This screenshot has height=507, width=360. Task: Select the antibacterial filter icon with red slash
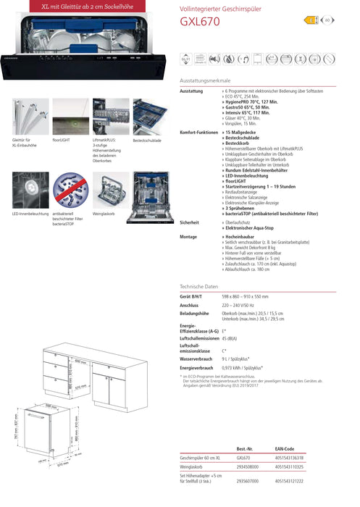(x=70, y=190)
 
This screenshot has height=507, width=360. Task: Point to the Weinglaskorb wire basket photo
(x=111, y=190)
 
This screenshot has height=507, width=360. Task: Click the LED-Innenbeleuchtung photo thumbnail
(x=30, y=190)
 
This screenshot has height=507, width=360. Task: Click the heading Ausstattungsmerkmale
(x=205, y=80)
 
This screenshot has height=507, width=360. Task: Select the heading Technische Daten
(x=198, y=287)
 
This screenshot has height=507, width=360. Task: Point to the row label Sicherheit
(x=189, y=222)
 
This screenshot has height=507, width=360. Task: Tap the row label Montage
(x=188, y=237)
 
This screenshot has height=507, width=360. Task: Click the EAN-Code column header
(x=285, y=449)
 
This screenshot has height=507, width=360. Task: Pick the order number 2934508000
(x=248, y=469)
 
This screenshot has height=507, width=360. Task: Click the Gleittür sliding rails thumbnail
(x=30, y=117)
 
